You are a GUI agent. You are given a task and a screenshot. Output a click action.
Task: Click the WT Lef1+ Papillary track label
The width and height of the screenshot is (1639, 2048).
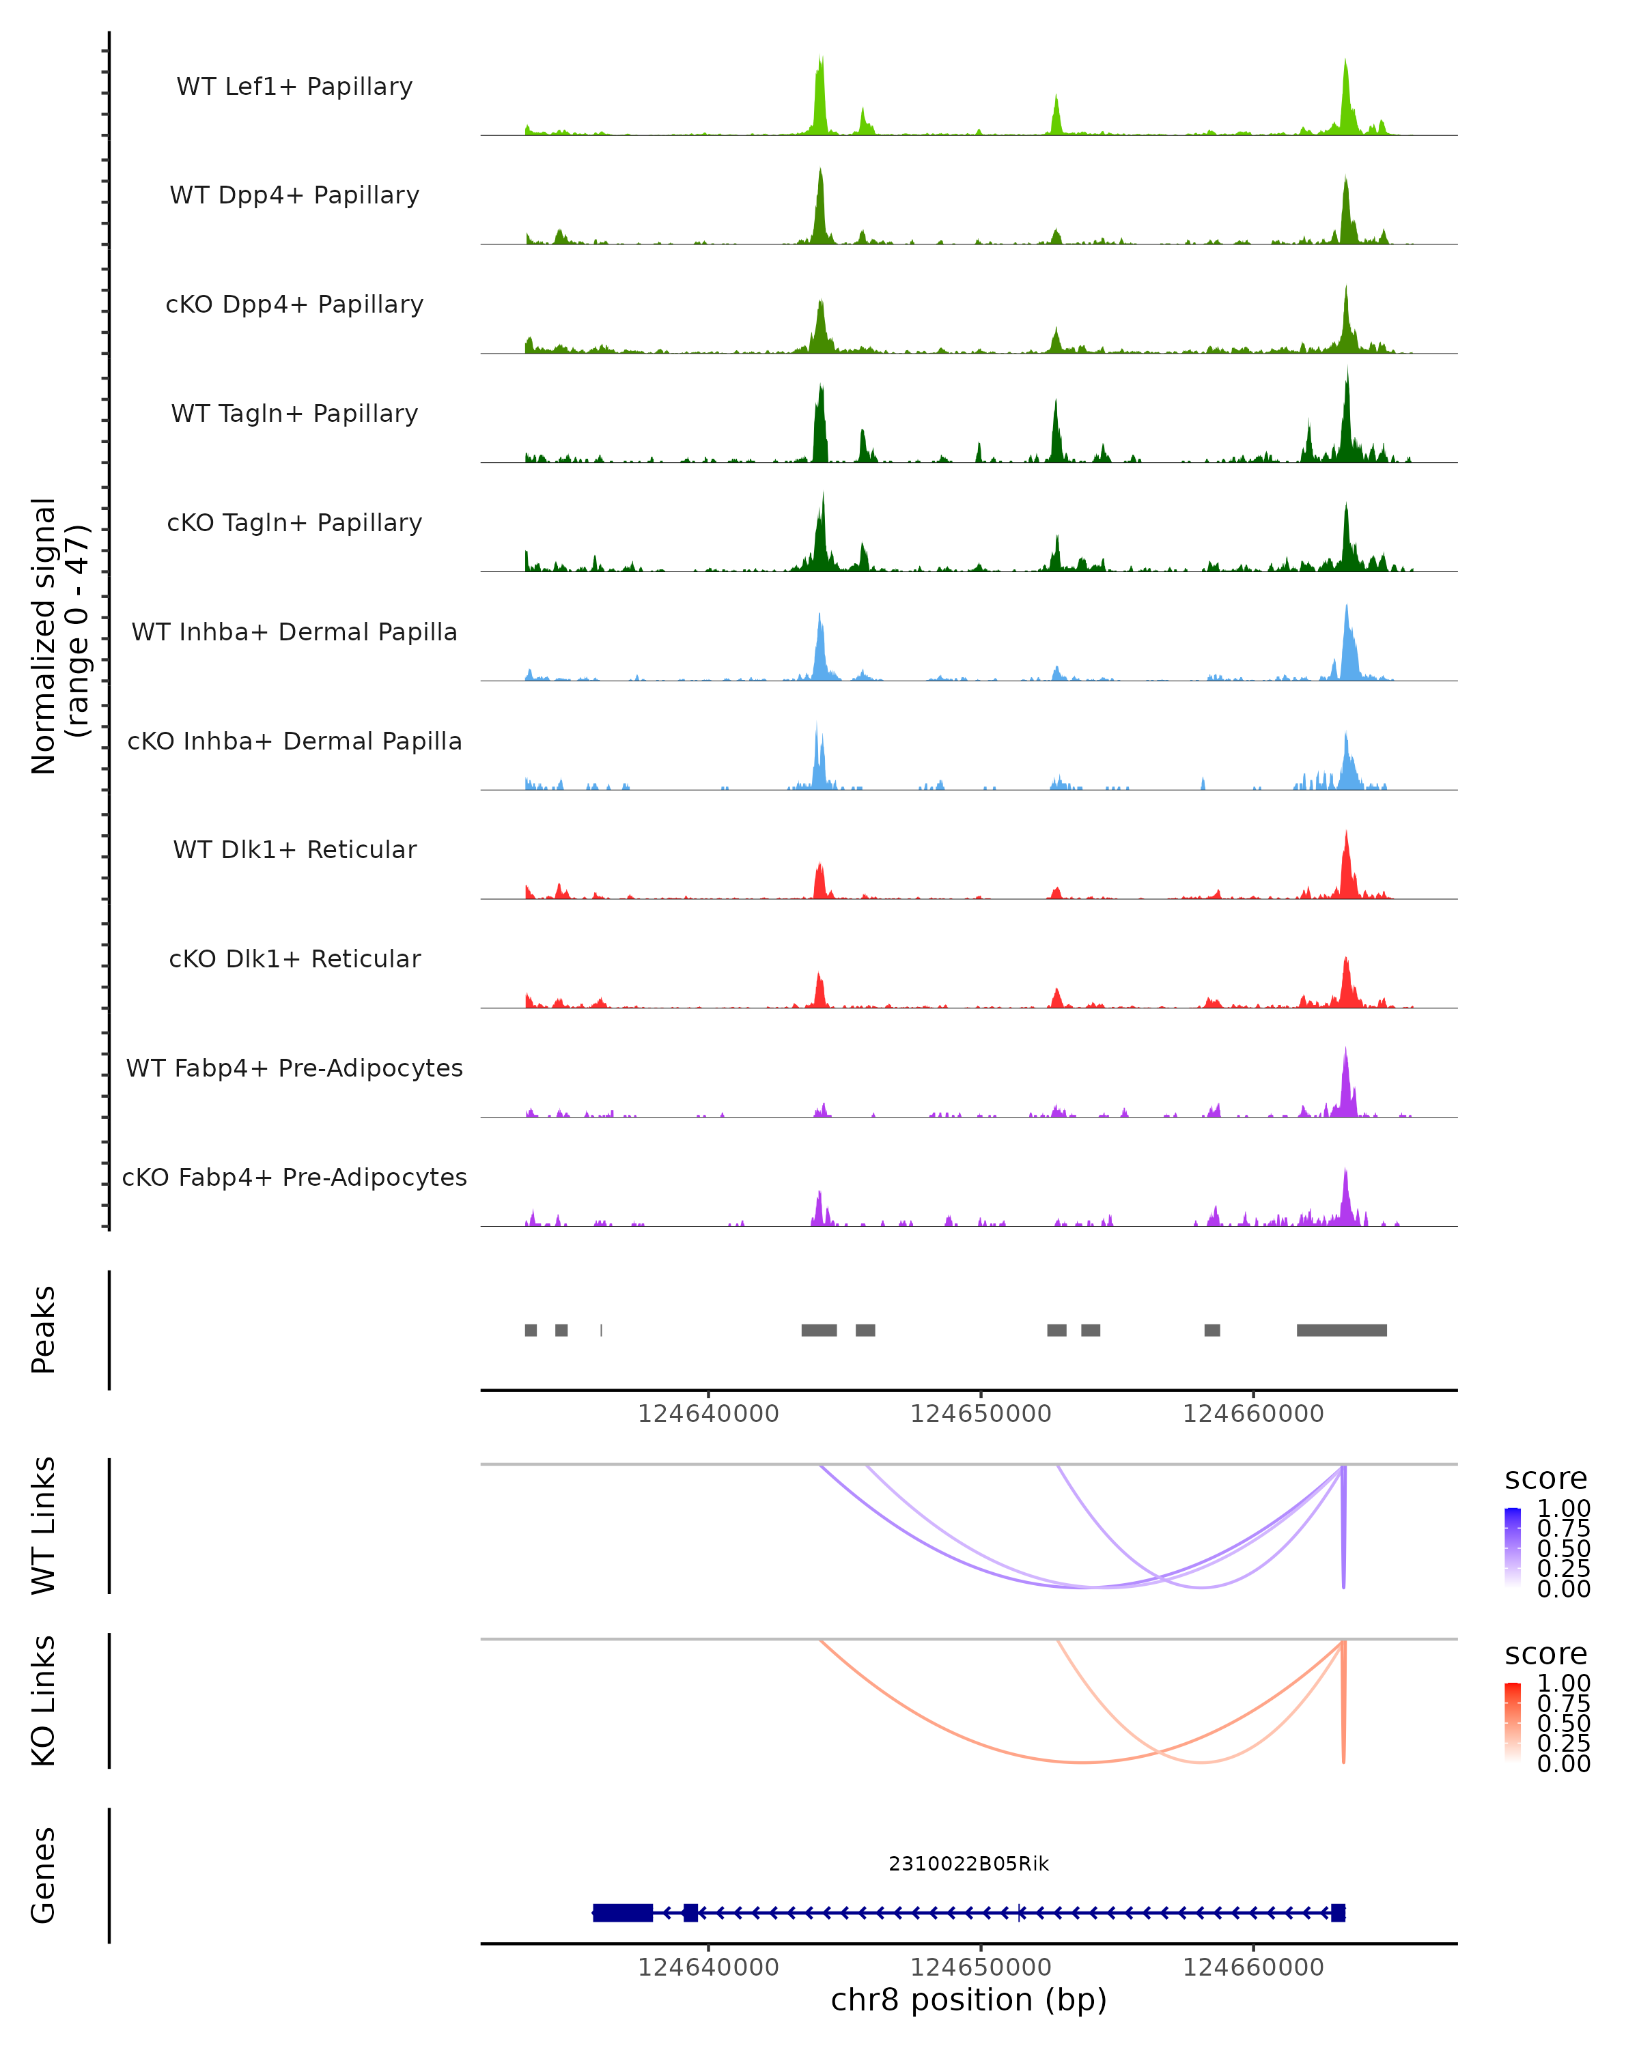coord(294,87)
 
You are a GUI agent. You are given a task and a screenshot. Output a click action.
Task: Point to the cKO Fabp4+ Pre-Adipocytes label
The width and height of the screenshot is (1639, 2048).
coord(294,1177)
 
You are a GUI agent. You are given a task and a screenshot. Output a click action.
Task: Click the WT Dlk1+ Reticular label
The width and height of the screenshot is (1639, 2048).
coord(294,849)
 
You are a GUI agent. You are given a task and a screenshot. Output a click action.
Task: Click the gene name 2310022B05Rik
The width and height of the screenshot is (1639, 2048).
coord(968,1863)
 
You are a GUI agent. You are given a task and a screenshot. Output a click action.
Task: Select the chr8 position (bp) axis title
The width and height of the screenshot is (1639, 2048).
coord(968,2000)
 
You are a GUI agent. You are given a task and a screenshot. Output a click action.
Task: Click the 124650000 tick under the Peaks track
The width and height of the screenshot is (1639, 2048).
coord(981,1414)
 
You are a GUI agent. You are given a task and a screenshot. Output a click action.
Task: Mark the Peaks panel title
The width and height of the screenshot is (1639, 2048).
coord(43,1330)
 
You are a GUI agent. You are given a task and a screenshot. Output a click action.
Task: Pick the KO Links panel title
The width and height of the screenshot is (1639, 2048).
coord(43,1701)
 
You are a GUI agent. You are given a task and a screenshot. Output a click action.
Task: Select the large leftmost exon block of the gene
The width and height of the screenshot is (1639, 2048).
coord(622,1912)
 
